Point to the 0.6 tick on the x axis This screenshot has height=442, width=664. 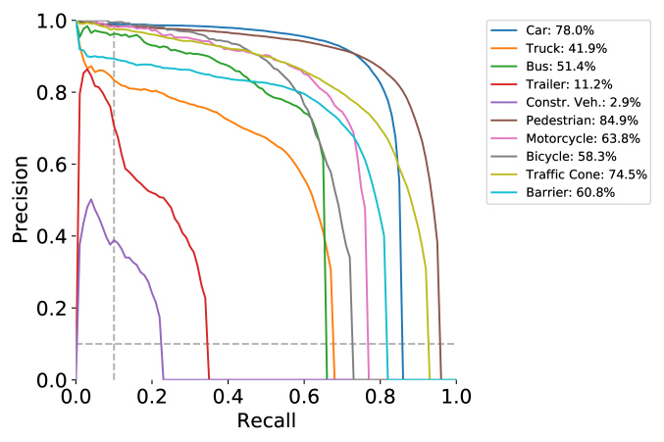pos(304,397)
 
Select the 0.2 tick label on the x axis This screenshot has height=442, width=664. pos(152,397)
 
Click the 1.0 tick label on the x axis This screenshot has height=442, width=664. pos(456,397)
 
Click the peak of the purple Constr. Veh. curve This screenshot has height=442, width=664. pos(91,199)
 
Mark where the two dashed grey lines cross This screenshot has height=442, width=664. pos(114,343)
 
